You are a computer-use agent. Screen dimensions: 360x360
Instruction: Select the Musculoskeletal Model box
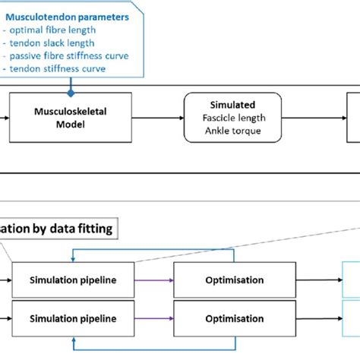click(71, 118)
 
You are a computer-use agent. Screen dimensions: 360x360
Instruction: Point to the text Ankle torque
click(232, 130)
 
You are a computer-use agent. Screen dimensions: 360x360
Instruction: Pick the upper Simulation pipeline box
click(73, 279)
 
